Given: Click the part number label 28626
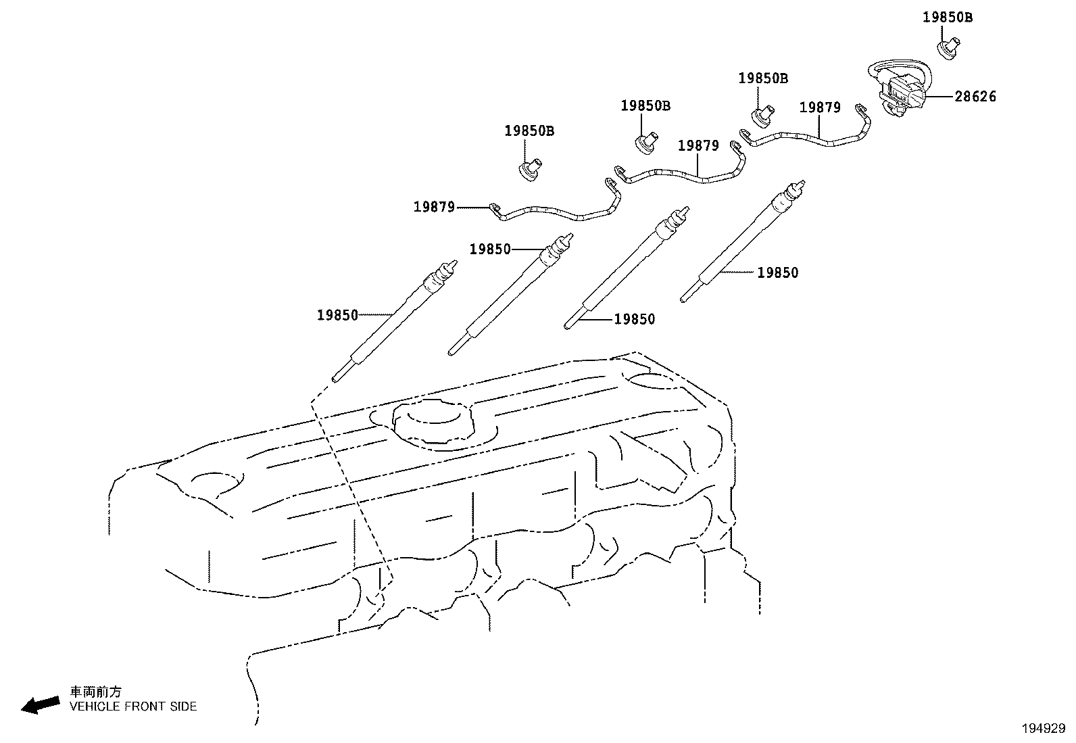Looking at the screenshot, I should coord(975,97).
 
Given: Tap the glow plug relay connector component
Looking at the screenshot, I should coord(900,91).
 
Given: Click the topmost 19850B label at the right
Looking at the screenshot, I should coord(948,18).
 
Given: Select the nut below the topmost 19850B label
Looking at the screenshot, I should coord(947,50).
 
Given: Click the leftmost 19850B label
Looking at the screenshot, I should coord(529,131).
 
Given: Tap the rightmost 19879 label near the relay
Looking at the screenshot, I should coord(820,107).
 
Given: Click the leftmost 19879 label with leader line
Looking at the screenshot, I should coord(434,207).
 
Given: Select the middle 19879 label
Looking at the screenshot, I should coord(698,146).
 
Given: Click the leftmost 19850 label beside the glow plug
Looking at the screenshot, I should coord(337,315).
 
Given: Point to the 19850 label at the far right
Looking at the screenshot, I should coord(777,273).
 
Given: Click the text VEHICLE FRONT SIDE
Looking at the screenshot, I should coord(134,706).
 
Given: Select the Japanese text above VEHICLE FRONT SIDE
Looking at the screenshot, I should coord(96,692).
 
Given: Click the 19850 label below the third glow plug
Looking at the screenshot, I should coord(634,320).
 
